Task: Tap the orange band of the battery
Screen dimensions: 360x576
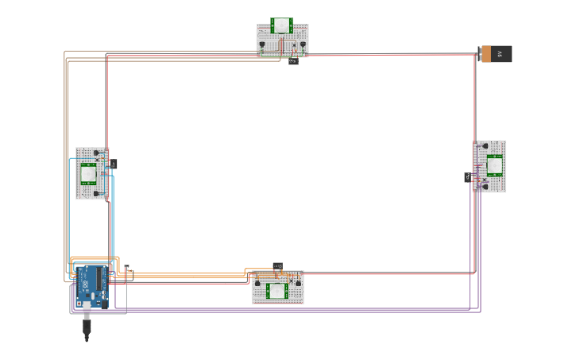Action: (x=484, y=54)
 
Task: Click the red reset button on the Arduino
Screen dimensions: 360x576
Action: (x=80, y=270)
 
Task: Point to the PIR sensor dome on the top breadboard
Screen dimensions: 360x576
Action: (x=281, y=25)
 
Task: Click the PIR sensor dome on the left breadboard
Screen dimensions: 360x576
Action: (x=89, y=172)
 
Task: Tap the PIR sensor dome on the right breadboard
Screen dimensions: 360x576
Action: (x=494, y=165)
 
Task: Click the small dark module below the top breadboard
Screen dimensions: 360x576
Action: (x=293, y=60)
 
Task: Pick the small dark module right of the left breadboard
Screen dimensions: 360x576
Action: (x=114, y=164)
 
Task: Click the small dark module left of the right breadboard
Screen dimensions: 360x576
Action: (x=467, y=177)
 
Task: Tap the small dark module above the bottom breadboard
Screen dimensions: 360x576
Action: (x=277, y=266)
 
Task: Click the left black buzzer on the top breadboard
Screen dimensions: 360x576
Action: (x=261, y=45)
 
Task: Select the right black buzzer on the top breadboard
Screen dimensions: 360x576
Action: (x=303, y=45)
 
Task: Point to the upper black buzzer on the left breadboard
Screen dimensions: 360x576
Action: (x=96, y=153)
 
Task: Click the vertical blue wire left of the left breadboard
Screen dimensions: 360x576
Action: (x=69, y=215)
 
